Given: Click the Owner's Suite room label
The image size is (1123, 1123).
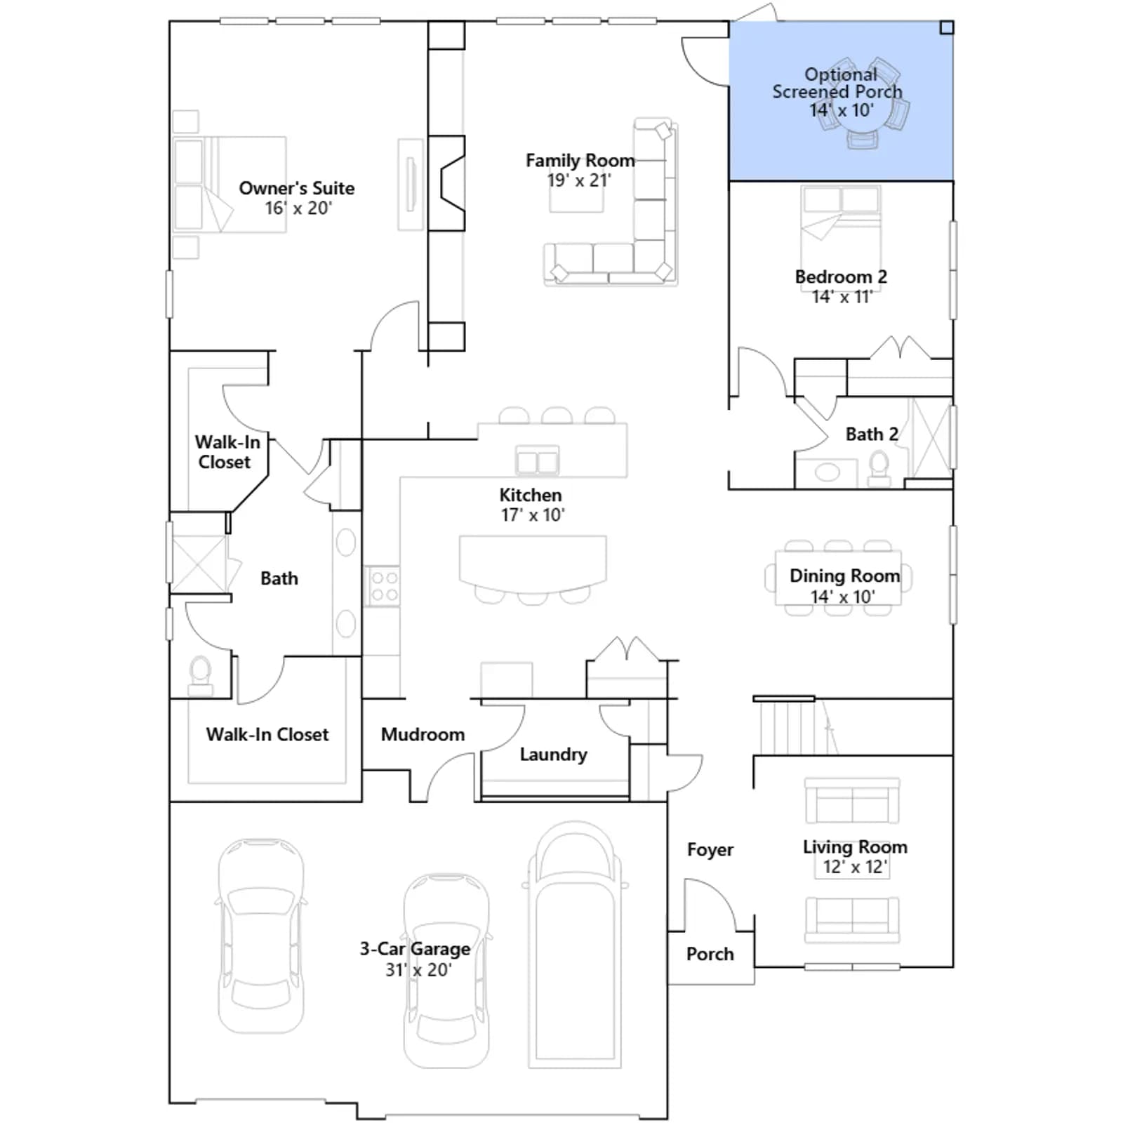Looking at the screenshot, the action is pos(296,188).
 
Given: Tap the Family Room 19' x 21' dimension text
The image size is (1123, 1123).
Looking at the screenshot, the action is pos(579,180).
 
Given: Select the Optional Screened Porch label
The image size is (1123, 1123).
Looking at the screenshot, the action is pos(838,83).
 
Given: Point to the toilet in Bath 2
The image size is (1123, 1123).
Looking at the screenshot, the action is pos(879,469).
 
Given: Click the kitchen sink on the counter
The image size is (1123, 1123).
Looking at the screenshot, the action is pos(538,460).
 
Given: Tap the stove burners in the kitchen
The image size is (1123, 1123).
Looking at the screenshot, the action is pos(383,586).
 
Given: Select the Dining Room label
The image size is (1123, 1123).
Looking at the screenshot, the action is pos(844,576).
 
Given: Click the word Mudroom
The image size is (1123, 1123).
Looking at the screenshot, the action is pos(423,734).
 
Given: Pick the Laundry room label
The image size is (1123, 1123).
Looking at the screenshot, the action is pos(553,755).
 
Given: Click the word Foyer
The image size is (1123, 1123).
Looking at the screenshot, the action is pos(710,849).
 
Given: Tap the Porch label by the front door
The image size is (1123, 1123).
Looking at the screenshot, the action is pos(710,954).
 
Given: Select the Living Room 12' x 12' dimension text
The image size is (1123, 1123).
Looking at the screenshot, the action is pos(855,867).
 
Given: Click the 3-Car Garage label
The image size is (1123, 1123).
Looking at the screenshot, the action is pos(415,949).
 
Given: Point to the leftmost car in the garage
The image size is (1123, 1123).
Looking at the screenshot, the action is pos(261,935).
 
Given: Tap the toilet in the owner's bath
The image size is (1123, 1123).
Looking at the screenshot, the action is pos(201,675).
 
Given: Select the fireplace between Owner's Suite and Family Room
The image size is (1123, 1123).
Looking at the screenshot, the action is pos(446,183).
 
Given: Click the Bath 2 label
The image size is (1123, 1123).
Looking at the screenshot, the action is pos(872,434).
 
